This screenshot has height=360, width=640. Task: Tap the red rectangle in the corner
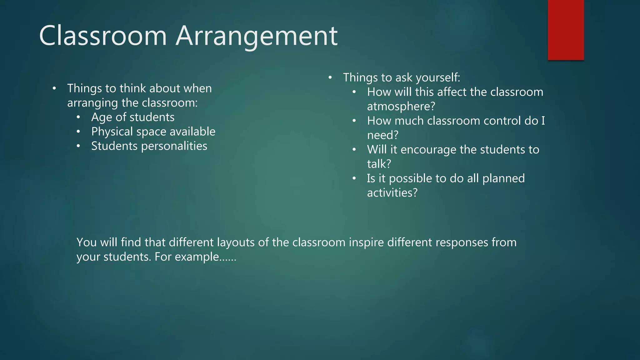click(566, 30)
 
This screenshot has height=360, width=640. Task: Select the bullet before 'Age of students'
click(78, 117)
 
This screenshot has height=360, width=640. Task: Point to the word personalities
click(174, 146)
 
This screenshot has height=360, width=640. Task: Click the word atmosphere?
click(401, 107)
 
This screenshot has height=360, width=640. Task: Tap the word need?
click(383, 135)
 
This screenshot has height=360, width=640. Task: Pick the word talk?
click(379, 164)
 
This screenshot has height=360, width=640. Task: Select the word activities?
click(392, 193)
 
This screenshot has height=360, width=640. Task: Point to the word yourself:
click(442, 78)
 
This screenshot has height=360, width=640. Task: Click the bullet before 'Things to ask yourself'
click(330, 77)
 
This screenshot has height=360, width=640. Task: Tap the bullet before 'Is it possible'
click(354, 178)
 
